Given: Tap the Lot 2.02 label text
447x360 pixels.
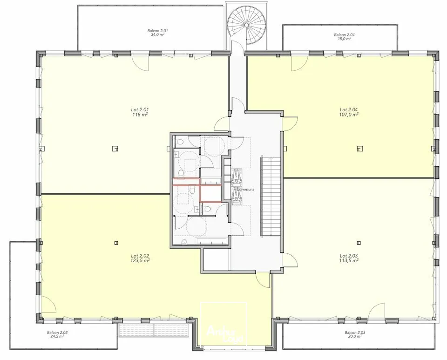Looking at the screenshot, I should [140, 256].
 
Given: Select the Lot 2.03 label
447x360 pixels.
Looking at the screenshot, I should [349, 256].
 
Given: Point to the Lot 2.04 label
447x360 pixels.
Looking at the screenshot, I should [349, 110].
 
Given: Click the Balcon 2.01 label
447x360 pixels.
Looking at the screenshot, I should [157, 31].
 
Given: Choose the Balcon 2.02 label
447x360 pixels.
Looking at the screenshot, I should [57, 333].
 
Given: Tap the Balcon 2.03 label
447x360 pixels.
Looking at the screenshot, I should [355, 333].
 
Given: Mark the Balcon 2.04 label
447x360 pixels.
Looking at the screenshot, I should [344, 34].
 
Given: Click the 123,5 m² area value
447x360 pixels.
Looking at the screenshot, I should [140, 261].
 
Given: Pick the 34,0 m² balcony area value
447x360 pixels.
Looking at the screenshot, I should [157, 35].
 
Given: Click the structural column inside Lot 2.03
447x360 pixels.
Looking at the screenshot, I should [359, 243].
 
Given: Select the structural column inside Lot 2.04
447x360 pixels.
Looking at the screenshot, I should [359, 149].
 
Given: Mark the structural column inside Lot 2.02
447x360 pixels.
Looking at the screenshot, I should [115, 243].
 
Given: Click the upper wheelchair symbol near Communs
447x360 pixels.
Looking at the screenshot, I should [237, 174].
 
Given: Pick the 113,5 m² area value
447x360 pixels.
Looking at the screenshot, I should [349, 261].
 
